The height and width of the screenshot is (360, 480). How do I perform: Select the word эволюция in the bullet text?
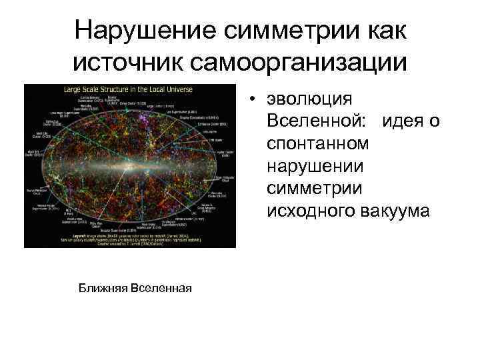click(x=309, y=99)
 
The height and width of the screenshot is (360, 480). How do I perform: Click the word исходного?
click(x=309, y=211)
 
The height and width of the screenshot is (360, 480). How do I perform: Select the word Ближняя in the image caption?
click(x=103, y=287)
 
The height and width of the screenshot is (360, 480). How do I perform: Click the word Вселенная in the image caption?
click(x=162, y=287)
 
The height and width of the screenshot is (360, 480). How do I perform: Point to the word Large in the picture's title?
click(x=72, y=89)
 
